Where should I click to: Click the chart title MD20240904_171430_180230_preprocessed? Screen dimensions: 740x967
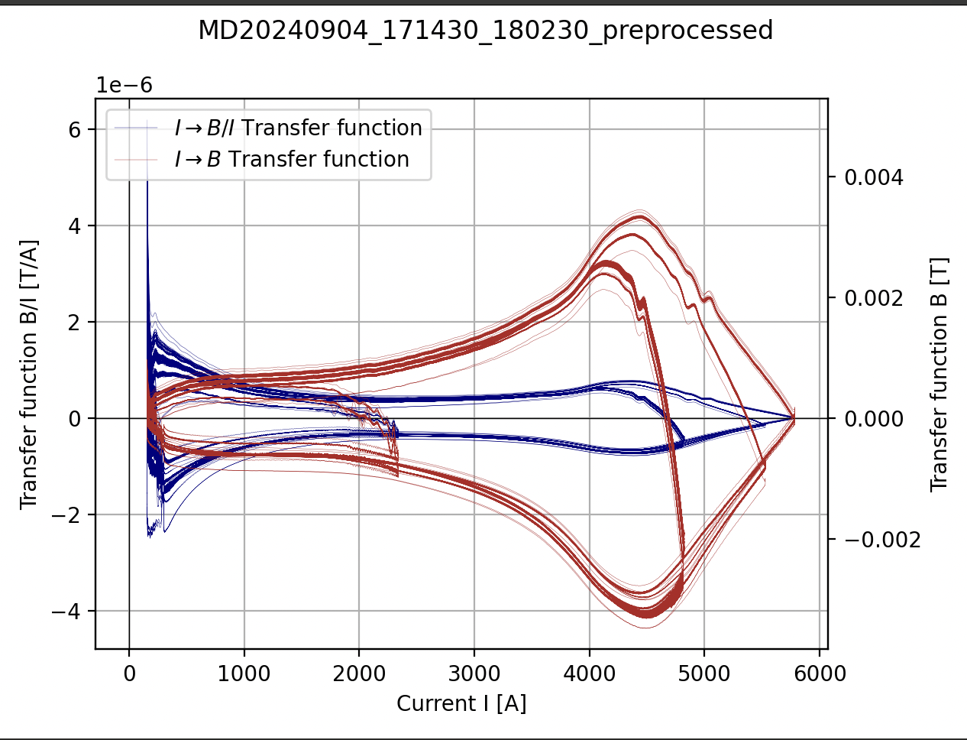coord(485,31)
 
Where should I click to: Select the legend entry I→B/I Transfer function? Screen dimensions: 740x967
coord(298,128)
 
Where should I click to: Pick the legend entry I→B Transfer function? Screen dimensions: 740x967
coord(292,159)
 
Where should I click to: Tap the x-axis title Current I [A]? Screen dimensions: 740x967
coord(461,703)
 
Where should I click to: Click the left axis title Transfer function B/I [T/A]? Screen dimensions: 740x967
coord(29,375)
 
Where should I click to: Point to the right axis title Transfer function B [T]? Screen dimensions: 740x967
coord(939,375)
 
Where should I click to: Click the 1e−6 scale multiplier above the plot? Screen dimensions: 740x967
coord(125,85)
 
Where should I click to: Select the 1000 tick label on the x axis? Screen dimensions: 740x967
coord(244,673)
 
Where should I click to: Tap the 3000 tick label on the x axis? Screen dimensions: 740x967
coord(474,673)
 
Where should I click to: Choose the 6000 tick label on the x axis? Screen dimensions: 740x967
coord(820,673)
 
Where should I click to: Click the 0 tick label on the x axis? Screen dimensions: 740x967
coord(129,673)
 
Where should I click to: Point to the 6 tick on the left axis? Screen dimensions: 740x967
coord(74,130)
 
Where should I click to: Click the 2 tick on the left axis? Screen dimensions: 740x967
coord(74,323)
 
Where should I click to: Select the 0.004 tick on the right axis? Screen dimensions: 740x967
coord(874,177)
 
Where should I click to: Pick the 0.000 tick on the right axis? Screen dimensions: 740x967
coord(874,419)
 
